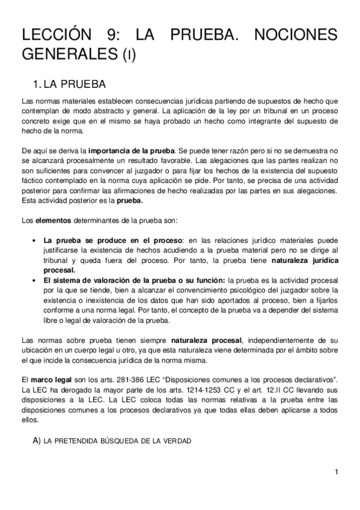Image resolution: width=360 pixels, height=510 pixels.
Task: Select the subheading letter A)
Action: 36,441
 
